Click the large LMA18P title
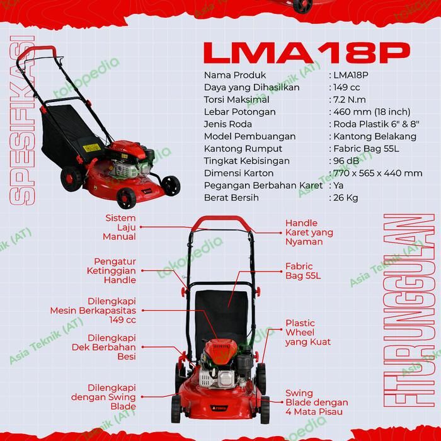coord(307,52)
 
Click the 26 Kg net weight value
coord(346,198)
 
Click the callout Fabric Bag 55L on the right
coord(303,271)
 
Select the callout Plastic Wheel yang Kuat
coord(307,333)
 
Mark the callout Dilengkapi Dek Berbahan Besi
coord(112,347)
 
